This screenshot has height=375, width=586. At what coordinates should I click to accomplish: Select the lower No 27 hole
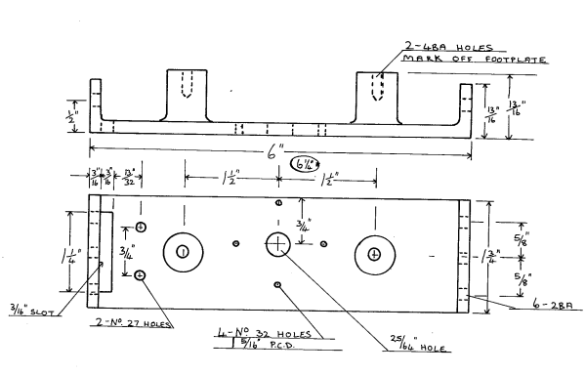[x=141, y=275]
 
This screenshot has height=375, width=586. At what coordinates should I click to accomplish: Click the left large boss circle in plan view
[x=182, y=252]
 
